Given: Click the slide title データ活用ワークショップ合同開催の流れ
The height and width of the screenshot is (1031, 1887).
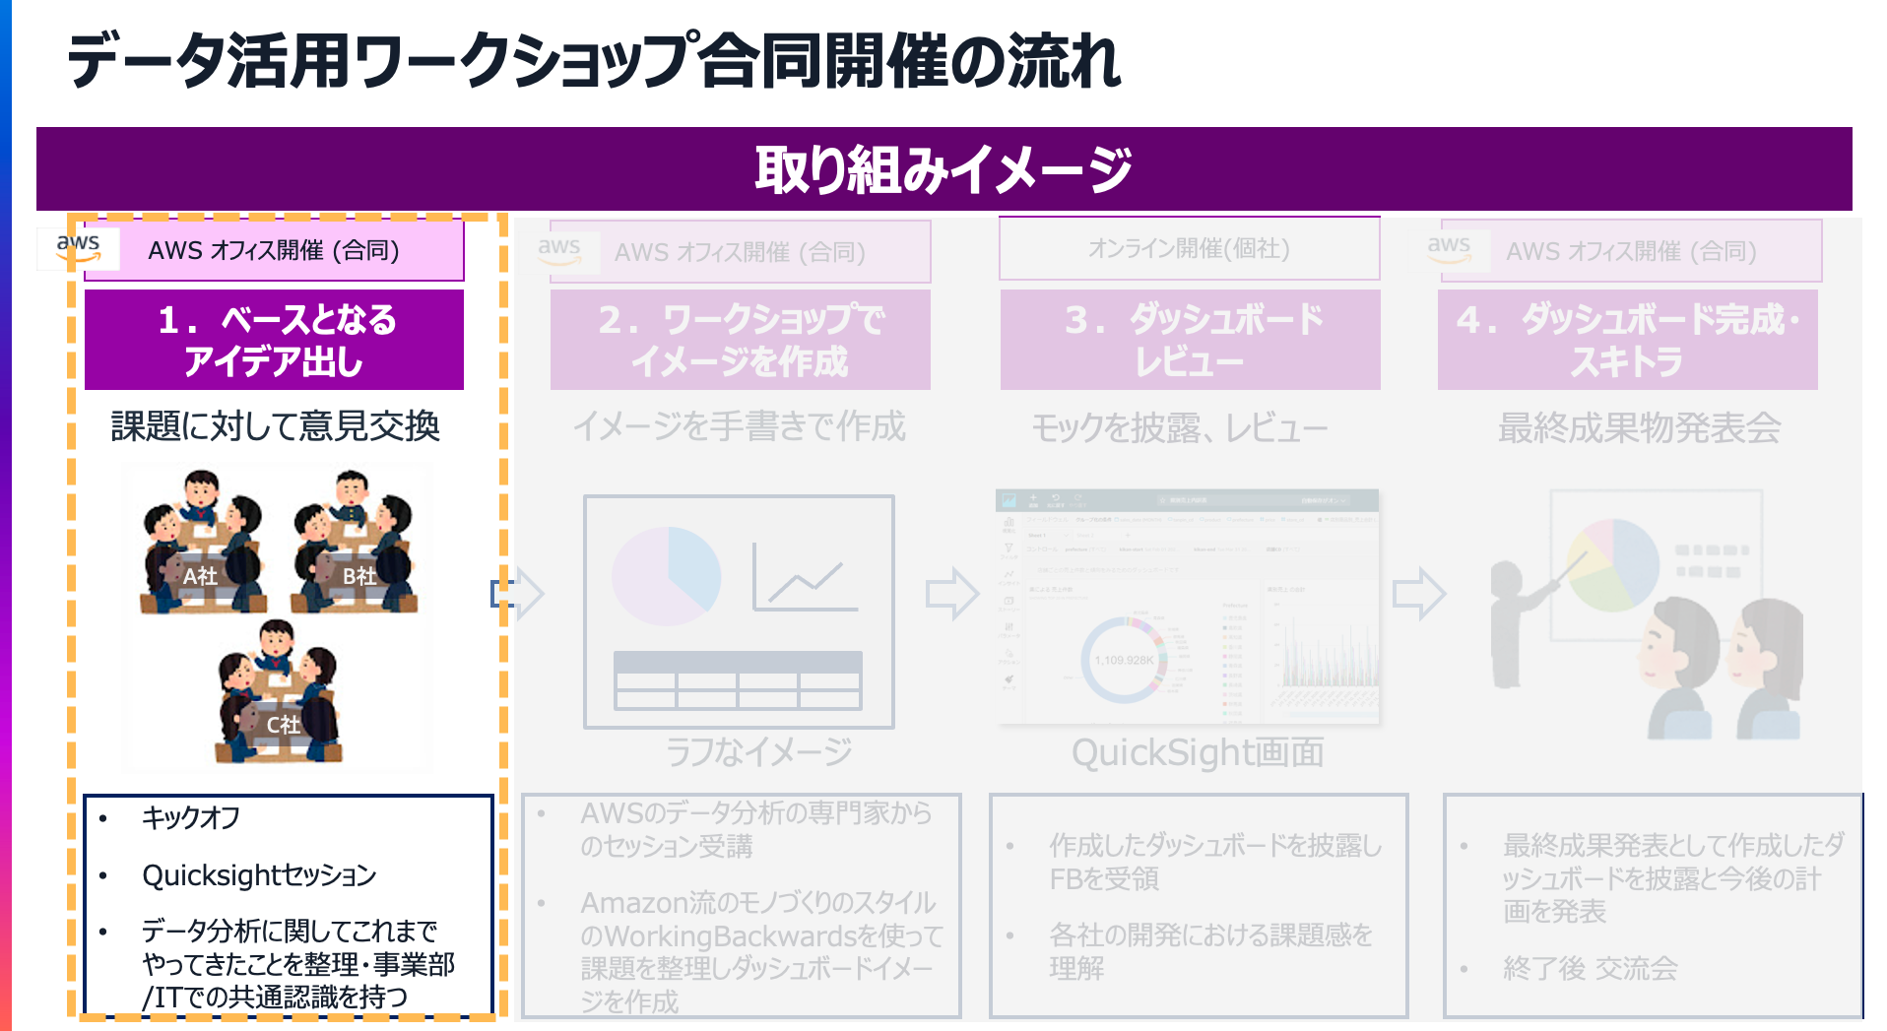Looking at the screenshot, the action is click(593, 61).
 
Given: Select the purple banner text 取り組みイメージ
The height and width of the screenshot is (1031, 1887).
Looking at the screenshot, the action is click(943, 169).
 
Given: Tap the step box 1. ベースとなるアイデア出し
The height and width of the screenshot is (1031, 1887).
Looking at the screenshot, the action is click(275, 340).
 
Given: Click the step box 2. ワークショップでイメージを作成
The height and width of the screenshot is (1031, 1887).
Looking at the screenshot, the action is click(741, 340).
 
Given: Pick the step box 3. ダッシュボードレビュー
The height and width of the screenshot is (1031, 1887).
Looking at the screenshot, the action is click(1190, 340).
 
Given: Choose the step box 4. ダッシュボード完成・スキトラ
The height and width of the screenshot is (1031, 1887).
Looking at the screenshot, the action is click(1627, 340).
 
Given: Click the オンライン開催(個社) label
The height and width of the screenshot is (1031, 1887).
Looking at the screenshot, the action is click(1189, 249).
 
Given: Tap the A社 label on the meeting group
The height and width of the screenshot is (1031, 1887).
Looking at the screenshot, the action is click(200, 576).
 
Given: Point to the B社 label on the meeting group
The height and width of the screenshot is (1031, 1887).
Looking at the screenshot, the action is click(359, 576).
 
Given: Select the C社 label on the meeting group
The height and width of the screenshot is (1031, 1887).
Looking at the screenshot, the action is click(283, 725).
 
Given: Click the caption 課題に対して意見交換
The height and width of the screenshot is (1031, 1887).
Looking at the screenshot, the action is click(275, 426).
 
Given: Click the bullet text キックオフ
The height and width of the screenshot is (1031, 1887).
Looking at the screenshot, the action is click(191, 817).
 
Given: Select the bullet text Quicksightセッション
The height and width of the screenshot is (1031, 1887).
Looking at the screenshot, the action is click(259, 875).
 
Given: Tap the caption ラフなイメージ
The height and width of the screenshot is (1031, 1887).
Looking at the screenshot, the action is click(758, 752).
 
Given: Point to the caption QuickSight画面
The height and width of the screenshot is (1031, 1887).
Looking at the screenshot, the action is click(1197, 753).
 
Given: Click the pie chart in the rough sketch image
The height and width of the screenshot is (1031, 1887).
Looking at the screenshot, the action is click(667, 576).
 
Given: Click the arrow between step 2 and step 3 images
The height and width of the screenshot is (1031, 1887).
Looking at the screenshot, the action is click(952, 593).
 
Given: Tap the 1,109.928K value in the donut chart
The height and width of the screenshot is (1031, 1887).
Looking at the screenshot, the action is click(1124, 660).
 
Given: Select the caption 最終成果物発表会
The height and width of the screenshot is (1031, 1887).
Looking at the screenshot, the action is click(1639, 428).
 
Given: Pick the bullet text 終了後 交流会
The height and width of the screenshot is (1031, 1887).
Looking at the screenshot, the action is click(1590, 969).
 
